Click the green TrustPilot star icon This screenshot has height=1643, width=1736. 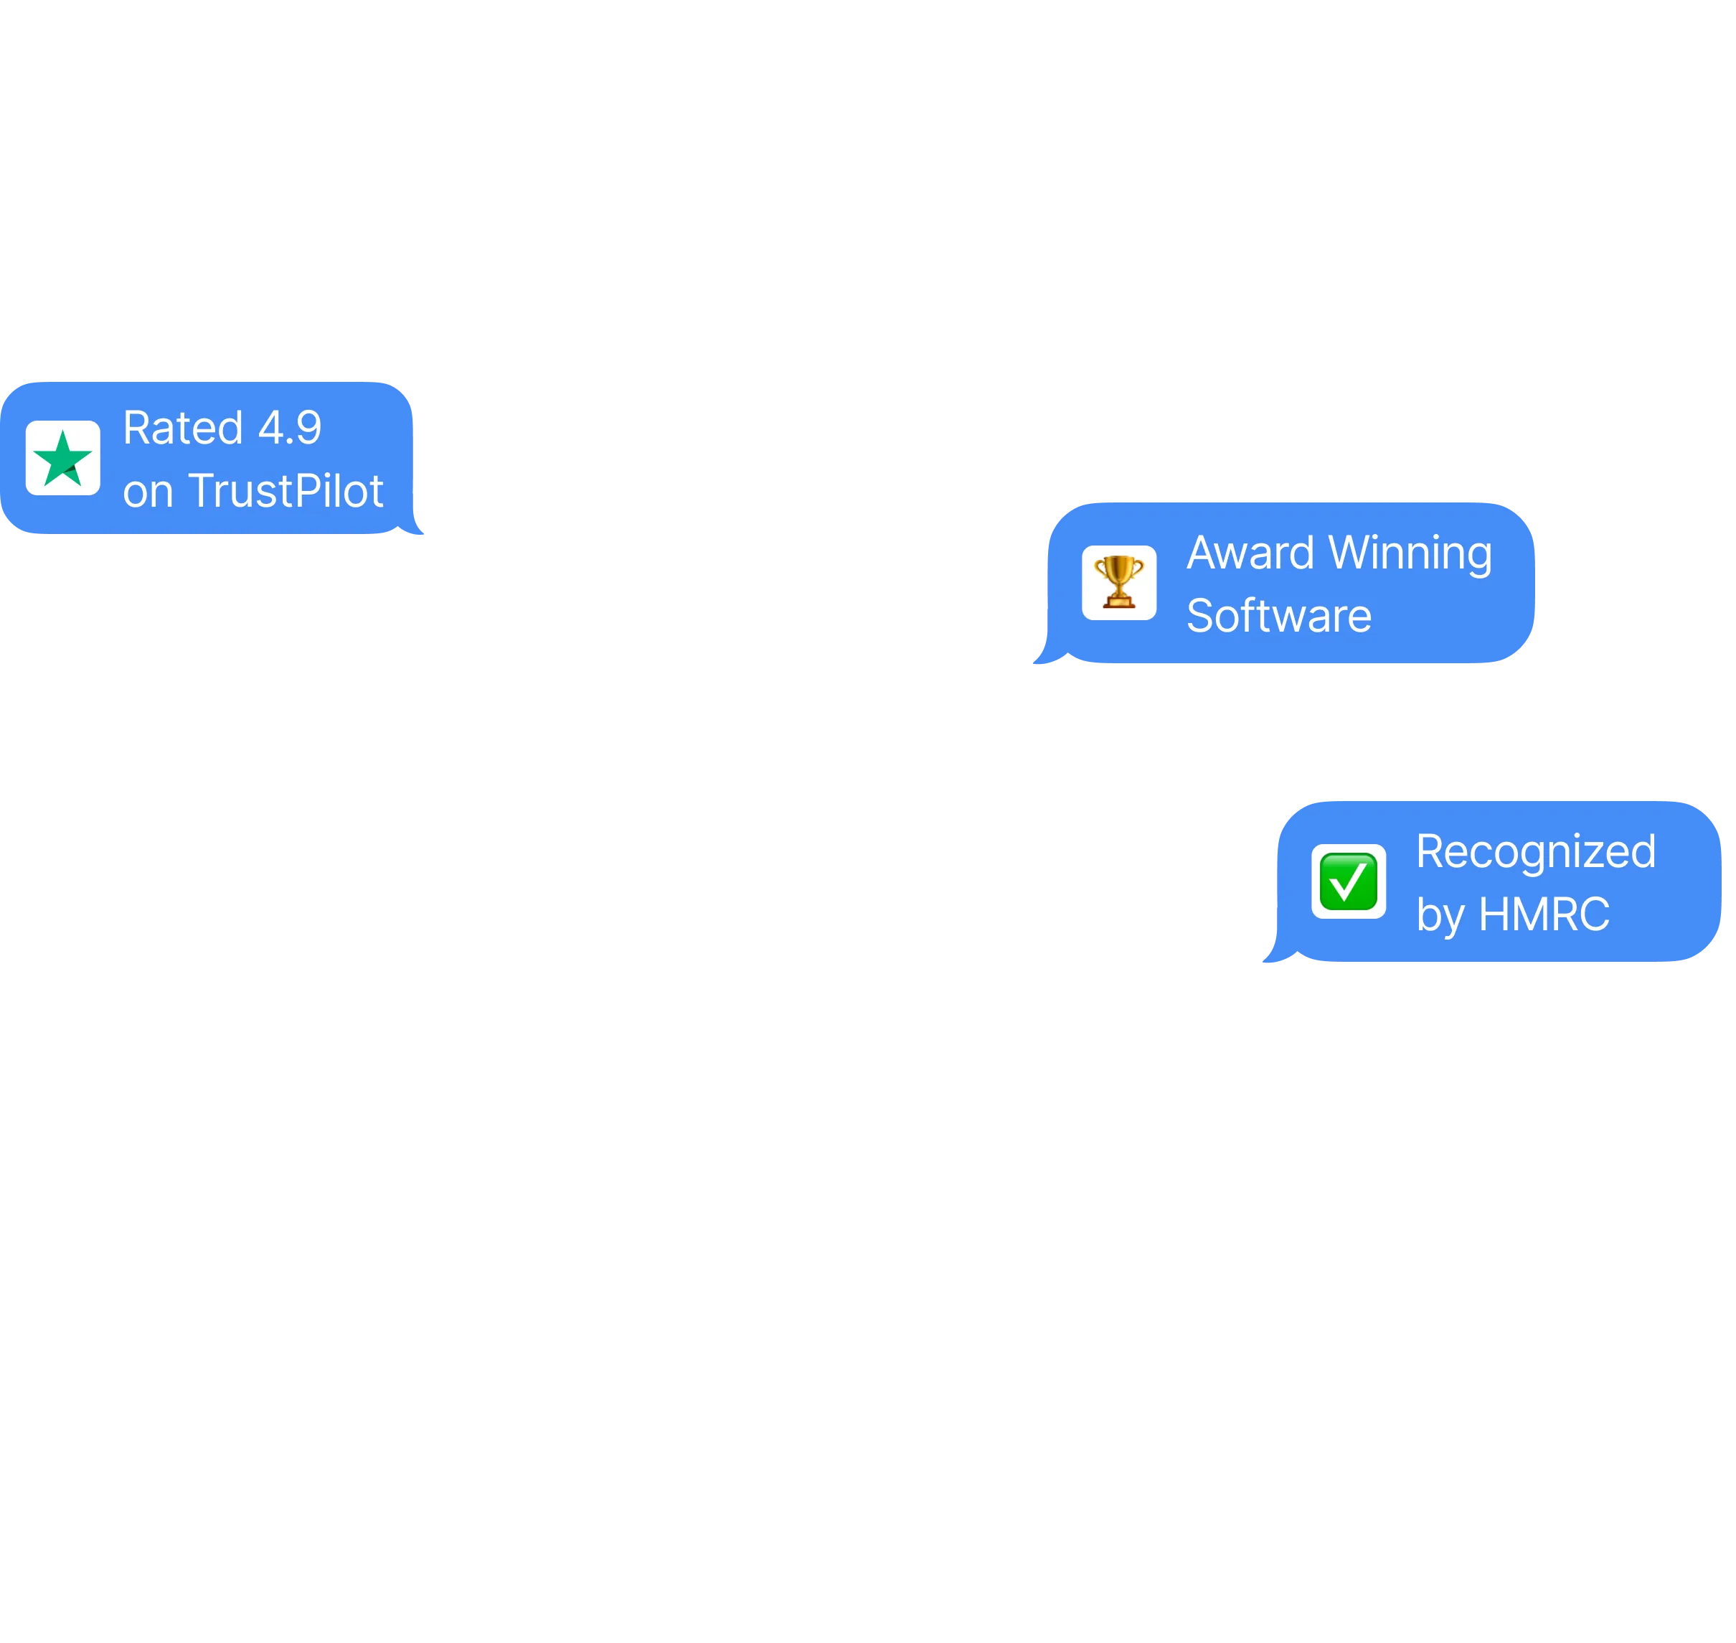pyautogui.click(x=63, y=458)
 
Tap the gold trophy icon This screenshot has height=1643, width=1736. pyautogui.click(x=1119, y=582)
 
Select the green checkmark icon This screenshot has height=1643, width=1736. pyautogui.click(x=1348, y=881)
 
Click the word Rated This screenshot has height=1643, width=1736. pyautogui.click(x=182, y=429)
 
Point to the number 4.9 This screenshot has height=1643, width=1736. pyautogui.click(x=290, y=429)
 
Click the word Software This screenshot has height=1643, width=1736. pyautogui.click(x=1278, y=616)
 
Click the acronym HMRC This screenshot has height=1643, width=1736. pyautogui.click(x=1544, y=914)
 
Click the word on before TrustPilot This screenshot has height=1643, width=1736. pyautogui.click(x=147, y=492)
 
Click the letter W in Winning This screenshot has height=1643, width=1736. pyautogui.click(x=1350, y=553)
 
